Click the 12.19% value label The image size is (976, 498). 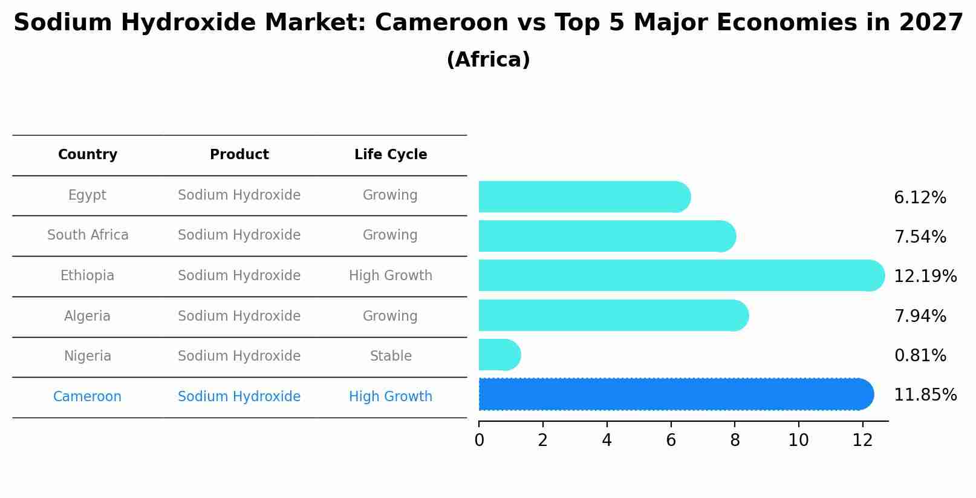[x=925, y=277]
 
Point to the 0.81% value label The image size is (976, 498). [x=920, y=356]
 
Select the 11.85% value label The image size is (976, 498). [x=925, y=395]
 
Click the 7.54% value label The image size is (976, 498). [x=920, y=237]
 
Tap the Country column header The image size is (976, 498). [x=88, y=155]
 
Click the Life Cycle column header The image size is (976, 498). [x=391, y=155]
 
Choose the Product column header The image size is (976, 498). [x=239, y=155]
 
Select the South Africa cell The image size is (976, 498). [x=88, y=235]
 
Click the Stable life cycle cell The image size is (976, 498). [x=391, y=356]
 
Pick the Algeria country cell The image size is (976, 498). [x=88, y=316]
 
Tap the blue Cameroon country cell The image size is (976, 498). [x=88, y=397]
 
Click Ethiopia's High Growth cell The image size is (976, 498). [x=391, y=276]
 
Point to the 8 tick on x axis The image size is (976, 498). [x=735, y=441]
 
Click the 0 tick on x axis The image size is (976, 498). [x=479, y=441]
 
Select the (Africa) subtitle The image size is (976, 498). [x=488, y=60]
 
